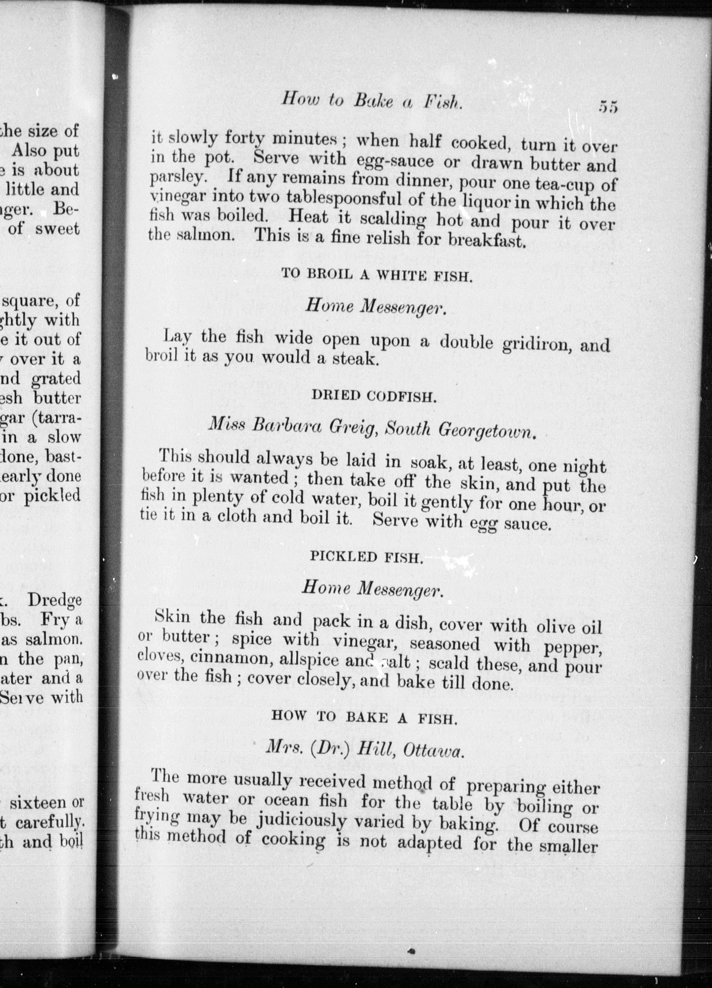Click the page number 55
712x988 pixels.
click(x=608, y=107)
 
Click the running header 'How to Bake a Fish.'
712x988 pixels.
click(x=371, y=101)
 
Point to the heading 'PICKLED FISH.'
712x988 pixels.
click(x=366, y=557)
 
